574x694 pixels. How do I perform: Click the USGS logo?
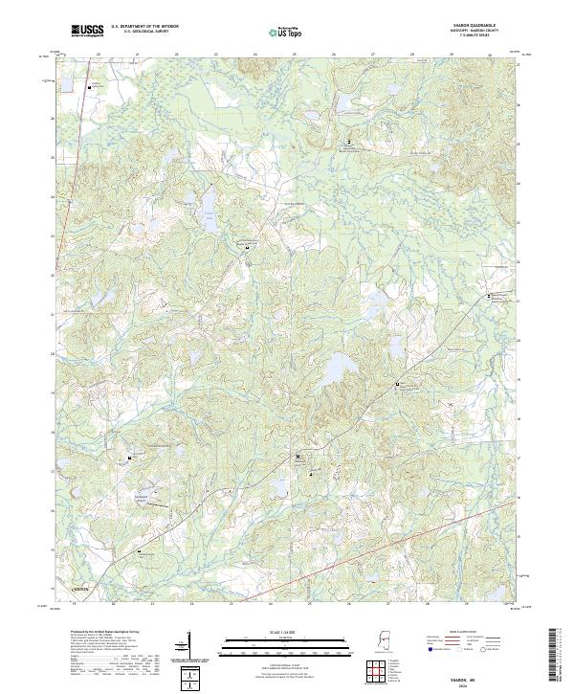pos(88,32)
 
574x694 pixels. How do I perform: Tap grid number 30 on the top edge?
pos(490,56)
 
